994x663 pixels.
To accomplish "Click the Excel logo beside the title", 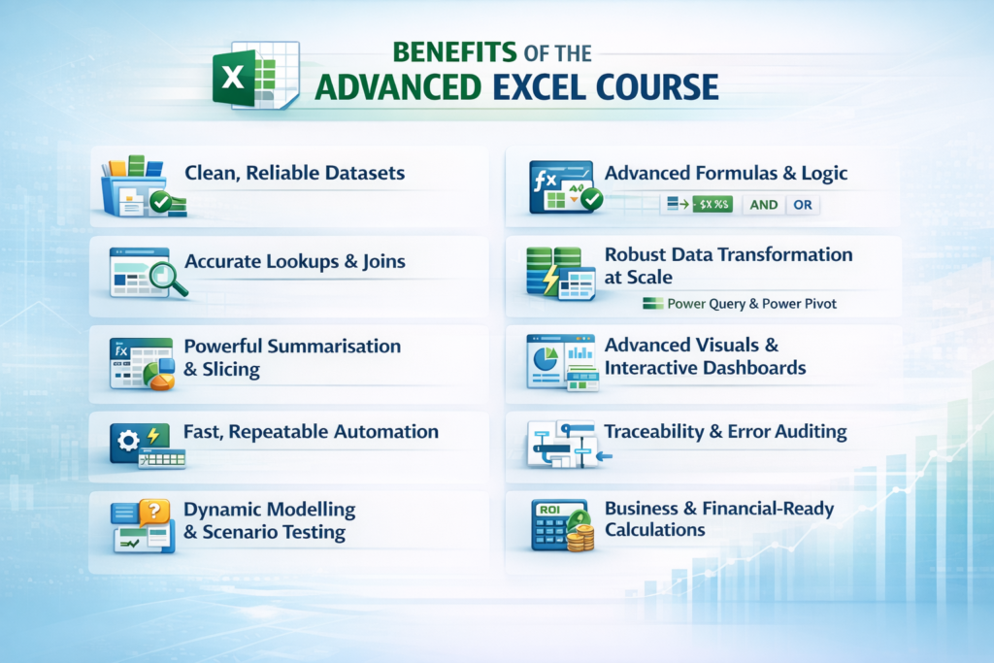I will [x=255, y=75].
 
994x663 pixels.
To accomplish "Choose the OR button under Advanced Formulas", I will [x=803, y=205].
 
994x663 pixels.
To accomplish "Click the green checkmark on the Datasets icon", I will [x=159, y=203].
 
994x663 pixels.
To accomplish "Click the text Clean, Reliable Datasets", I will [x=294, y=174].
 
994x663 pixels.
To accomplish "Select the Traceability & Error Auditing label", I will [x=725, y=431].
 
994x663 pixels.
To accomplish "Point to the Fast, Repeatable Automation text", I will [x=311, y=431].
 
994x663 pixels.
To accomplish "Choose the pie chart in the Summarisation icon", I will [x=158, y=375].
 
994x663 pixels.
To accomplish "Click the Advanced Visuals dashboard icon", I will [x=561, y=361].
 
